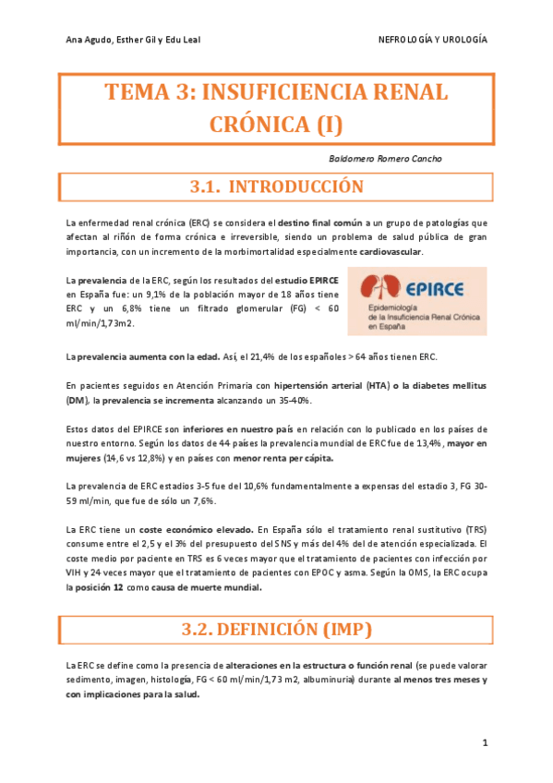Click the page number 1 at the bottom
coord(485,743)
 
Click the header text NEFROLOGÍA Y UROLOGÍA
coord(433,40)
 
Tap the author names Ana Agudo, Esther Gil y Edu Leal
coord(134,40)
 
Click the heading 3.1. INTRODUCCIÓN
coord(276,187)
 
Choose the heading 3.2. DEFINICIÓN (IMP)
coord(276,630)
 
